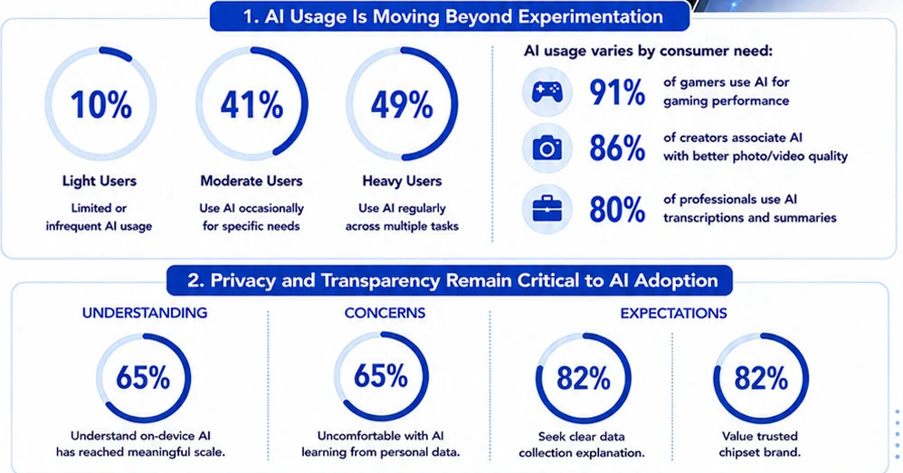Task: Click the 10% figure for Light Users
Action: (x=100, y=105)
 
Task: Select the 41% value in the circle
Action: (x=252, y=105)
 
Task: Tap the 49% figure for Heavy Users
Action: (x=402, y=105)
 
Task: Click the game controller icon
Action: (x=547, y=91)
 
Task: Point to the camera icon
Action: (x=547, y=148)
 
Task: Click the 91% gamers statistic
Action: (x=617, y=92)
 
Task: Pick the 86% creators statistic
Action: (x=617, y=148)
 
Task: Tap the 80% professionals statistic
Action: (x=617, y=209)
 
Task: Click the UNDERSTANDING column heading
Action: (x=145, y=313)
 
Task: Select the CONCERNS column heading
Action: (x=385, y=313)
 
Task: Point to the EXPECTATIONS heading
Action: (x=673, y=314)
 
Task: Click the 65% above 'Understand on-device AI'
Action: (x=143, y=378)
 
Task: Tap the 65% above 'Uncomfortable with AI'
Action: (x=381, y=376)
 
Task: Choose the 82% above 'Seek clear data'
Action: (x=584, y=379)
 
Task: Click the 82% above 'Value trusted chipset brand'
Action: (x=761, y=379)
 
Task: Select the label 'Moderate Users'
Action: (x=252, y=181)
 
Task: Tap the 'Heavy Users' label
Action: (x=402, y=181)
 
